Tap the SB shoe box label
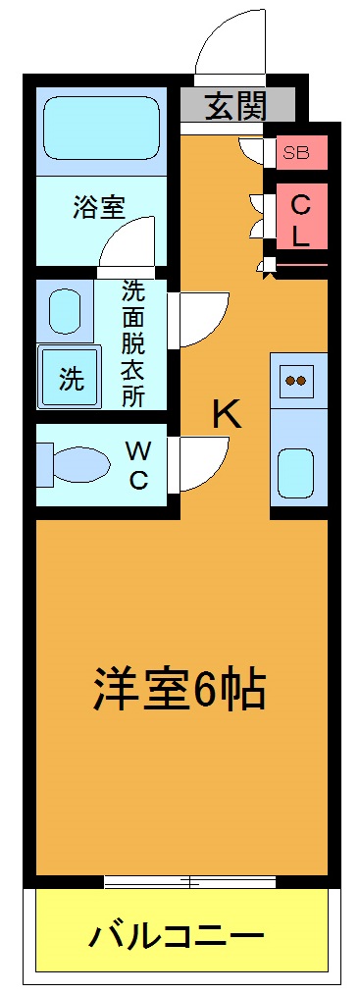[x=295, y=152]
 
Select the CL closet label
[x=300, y=221]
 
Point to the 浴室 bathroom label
[x=99, y=208]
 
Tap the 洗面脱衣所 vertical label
[x=132, y=343]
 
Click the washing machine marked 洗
[x=70, y=378]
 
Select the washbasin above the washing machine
[x=65, y=312]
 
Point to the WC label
[x=138, y=465]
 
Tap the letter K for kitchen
[x=227, y=415]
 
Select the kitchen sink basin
[x=297, y=473]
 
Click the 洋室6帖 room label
[x=179, y=690]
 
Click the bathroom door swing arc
[x=129, y=243]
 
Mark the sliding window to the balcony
[x=181, y=881]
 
